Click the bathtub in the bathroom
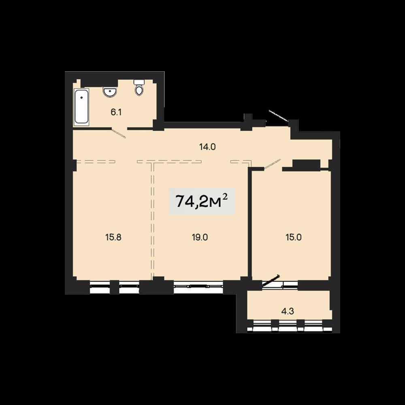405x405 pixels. click(81, 107)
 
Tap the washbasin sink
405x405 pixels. click(110, 92)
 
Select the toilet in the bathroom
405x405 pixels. click(139, 88)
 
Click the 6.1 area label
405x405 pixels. click(116, 113)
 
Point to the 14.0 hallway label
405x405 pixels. click(207, 147)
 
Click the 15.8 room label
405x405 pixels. click(113, 237)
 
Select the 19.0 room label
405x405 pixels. click(200, 237)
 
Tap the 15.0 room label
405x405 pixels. click(293, 237)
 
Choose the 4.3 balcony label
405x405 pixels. click(288, 311)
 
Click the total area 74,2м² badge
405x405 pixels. click(202, 201)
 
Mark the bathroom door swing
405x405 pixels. click(118, 133)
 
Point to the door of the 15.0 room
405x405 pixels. click(272, 164)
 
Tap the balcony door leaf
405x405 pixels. click(271, 281)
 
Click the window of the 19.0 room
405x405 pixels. click(198, 287)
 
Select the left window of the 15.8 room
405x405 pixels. click(100, 287)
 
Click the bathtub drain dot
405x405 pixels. click(82, 98)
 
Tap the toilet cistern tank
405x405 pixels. click(139, 82)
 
